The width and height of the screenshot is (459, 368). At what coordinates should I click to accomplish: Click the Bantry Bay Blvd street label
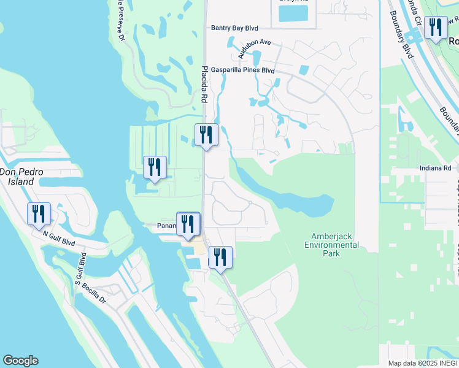pyautogui.click(x=234, y=28)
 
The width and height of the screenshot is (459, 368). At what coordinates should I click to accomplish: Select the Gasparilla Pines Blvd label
pyautogui.click(x=242, y=71)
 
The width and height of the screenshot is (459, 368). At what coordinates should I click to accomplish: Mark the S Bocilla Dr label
pyautogui.click(x=107, y=301)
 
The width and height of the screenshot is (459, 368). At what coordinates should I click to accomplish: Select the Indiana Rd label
pyautogui.click(x=439, y=168)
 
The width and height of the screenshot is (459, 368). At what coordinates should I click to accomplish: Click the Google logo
pyautogui.click(x=20, y=361)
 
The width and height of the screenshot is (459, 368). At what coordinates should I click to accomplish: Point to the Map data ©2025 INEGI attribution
pyautogui.click(x=423, y=363)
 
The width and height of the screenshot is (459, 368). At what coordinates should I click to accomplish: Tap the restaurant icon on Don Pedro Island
pyautogui.click(x=37, y=214)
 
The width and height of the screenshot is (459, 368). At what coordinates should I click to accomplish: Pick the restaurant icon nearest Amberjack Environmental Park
pyautogui.click(x=220, y=258)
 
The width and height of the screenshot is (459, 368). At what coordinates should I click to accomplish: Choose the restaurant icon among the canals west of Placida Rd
pyautogui.click(x=154, y=167)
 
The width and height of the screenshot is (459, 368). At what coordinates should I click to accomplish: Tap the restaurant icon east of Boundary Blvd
pyautogui.click(x=436, y=28)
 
